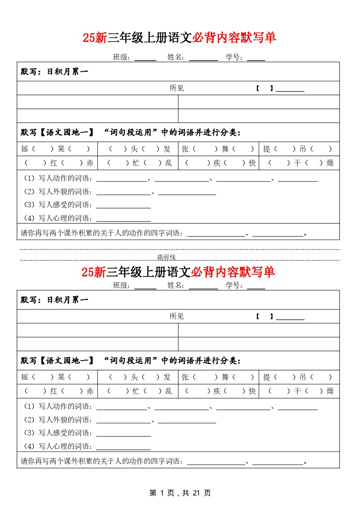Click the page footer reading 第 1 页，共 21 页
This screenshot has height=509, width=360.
click(180, 493)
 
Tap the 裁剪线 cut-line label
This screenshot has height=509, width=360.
click(166, 257)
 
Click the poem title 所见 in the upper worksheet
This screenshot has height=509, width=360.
click(177, 88)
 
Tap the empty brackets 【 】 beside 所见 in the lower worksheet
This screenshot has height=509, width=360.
click(264, 317)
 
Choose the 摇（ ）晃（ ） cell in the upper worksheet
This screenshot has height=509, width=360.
click(57, 149)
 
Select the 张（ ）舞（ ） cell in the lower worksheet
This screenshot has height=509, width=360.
click(219, 378)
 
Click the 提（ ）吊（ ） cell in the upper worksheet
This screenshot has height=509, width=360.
click(299, 149)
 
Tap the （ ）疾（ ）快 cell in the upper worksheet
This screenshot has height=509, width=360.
click(219, 163)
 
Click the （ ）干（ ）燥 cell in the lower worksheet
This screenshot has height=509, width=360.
click(299, 391)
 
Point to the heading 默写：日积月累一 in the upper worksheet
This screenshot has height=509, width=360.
click(54, 72)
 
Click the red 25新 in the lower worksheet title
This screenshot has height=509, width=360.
click(93, 272)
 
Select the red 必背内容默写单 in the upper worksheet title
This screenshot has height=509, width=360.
click(234, 38)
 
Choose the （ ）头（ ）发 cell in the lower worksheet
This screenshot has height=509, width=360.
click(139, 378)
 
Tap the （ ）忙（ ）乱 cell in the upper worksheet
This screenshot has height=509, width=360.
click(139, 163)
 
